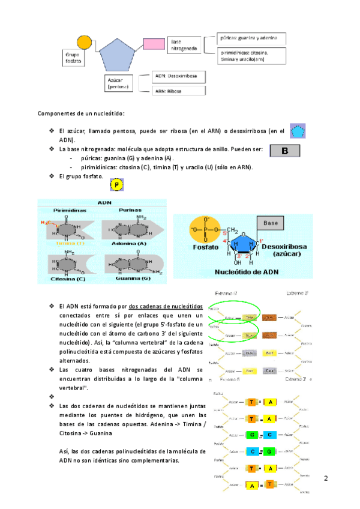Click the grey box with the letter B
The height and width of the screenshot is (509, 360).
(x=284, y=151)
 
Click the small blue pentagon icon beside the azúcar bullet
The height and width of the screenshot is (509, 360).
(x=298, y=131)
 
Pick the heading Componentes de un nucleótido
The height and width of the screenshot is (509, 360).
(x=81, y=113)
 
